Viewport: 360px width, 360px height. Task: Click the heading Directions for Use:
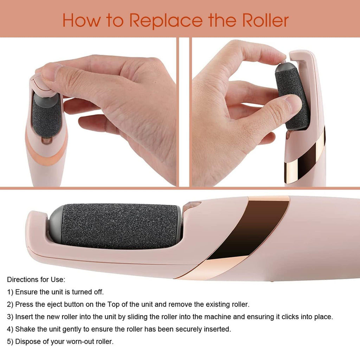[x=36, y=280]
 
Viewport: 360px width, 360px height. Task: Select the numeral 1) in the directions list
[x=10, y=292]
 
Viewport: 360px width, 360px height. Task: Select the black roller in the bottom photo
[x=120, y=226]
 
